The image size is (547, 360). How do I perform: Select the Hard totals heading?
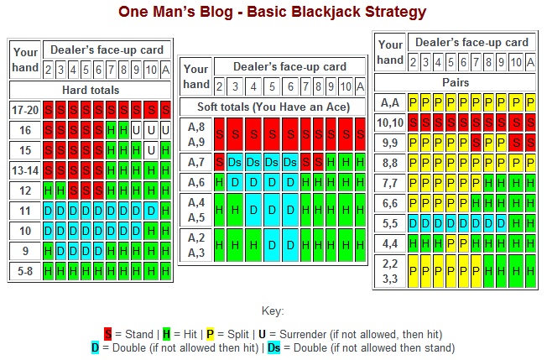point(91,90)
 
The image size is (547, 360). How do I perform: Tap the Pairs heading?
point(456,83)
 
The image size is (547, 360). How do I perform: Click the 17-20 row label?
point(25,110)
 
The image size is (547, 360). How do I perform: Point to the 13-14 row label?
point(25,170)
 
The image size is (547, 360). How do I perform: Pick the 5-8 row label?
point(25,270)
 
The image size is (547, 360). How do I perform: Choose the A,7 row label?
point(196,162)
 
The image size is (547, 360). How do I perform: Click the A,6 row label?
point(196,182)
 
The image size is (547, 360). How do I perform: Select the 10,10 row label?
point(390,123)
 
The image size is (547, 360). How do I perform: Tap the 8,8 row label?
point(390,163)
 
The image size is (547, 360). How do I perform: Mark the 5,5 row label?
point(390,223)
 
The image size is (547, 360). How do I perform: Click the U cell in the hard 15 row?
point(149,150)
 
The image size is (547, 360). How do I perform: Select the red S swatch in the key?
point(107,333)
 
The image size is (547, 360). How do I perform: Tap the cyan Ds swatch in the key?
point(273,347)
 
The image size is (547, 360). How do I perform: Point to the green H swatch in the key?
point(166,333)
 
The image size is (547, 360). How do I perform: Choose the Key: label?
point(273,310)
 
